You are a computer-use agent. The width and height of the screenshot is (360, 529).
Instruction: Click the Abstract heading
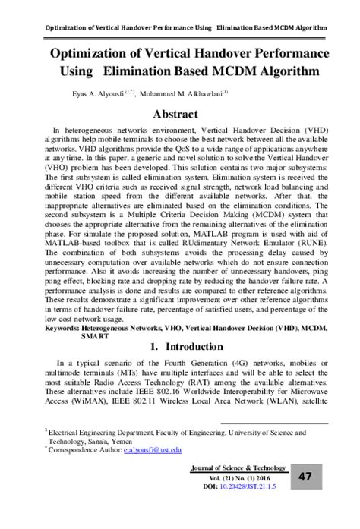tap(179, 114)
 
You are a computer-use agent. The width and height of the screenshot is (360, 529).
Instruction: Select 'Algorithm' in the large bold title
tap(278, 74)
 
